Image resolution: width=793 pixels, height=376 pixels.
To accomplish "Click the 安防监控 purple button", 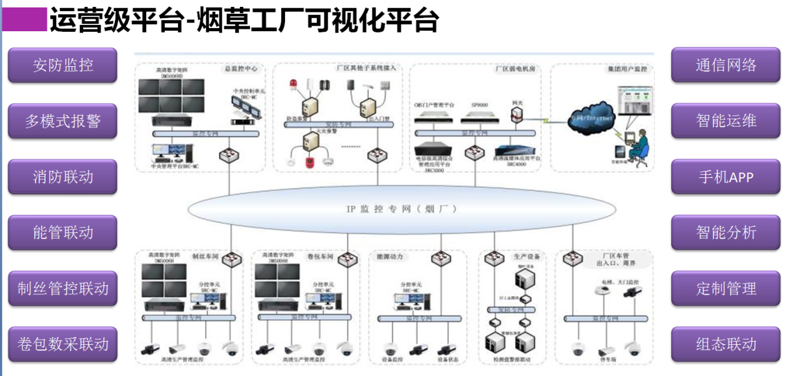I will [62, 65].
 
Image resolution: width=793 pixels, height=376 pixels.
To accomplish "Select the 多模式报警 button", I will [62, 121].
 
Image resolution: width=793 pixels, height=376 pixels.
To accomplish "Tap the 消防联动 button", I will [62, 177].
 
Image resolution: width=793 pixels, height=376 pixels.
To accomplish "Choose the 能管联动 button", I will [62, 233].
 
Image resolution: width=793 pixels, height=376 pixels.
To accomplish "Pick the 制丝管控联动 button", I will [62, 289].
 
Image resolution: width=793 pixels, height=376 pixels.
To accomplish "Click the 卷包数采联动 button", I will [62, 344].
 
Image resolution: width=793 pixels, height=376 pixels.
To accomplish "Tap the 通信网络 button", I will [726, 65].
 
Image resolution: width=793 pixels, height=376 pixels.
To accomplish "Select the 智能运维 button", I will [726, 121].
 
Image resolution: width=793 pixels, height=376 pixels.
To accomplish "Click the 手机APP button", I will [726, 177].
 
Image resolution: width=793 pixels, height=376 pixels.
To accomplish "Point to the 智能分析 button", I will [726, 233].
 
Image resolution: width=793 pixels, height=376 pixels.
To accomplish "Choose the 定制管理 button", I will [726, 289].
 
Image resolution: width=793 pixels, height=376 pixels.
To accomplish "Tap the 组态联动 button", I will [726, 344].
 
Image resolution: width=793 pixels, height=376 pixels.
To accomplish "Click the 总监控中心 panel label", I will [240, 69].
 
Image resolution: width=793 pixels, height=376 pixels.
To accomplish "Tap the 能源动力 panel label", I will [389, 257].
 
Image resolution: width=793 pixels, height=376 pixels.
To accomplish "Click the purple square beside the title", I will [25, 19].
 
